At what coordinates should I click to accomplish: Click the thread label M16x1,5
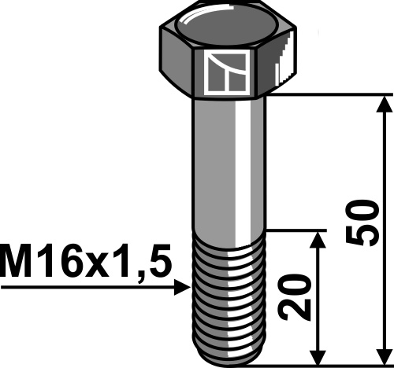[85, 259]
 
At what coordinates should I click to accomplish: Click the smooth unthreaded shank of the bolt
[229, 165]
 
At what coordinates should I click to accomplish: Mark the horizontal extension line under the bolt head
[331, 95]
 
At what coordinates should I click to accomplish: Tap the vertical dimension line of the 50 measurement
[385, 173]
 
